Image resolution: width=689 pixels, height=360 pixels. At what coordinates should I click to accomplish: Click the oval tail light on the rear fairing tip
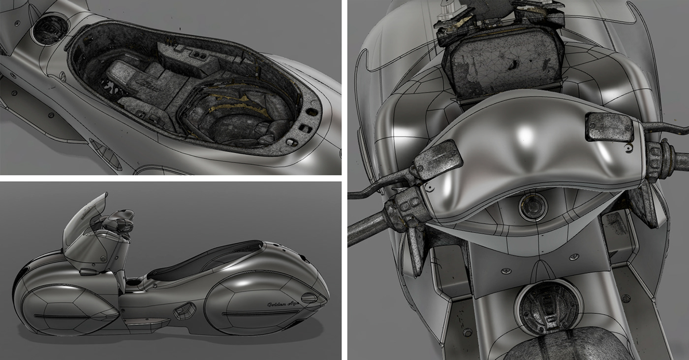click(x=309, y=297)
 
